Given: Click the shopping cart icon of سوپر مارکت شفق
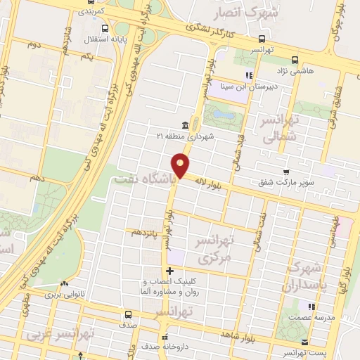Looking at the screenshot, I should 285,172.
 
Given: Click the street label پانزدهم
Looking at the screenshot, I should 146,230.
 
